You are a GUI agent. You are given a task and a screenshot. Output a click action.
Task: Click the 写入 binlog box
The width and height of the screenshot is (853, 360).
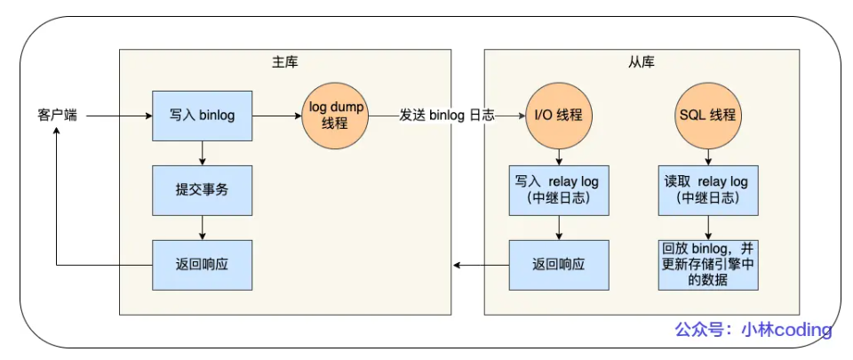coord(202,116)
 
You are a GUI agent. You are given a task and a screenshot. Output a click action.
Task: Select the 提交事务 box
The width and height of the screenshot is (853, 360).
coord(202,190)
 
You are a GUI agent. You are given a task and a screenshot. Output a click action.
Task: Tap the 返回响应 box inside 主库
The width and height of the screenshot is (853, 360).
coord(202,265)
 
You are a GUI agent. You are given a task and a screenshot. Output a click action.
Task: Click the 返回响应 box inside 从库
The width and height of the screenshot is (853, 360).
coord(559,265)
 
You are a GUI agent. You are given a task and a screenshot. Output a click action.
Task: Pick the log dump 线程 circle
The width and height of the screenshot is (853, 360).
coord(335,116)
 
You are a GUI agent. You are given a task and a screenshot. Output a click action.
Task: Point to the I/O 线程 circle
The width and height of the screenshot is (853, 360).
coord(559,116)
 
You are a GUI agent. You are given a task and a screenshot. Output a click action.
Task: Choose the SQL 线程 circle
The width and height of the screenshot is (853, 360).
coord(708,116)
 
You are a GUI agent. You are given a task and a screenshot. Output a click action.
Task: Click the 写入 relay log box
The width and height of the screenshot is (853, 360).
coord(559,190)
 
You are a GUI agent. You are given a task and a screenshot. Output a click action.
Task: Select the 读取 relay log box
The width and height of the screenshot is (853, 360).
coord(708,190)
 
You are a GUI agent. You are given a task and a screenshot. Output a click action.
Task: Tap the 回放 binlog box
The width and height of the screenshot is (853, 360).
coord(708,265)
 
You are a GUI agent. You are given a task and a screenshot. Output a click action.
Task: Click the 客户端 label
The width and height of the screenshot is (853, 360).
coord(57,116)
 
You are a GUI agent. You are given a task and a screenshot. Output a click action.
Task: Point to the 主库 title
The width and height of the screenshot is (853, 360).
coord(285,62)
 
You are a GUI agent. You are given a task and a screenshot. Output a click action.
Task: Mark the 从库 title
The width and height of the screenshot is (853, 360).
coord(642,62)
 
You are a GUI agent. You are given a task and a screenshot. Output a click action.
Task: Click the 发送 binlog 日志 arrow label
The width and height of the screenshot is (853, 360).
coord(447,116)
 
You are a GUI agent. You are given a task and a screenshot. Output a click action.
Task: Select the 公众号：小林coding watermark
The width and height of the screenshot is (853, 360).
coord(753,330)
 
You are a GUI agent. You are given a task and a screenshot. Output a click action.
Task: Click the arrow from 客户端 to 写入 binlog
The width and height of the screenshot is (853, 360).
coord(119,116)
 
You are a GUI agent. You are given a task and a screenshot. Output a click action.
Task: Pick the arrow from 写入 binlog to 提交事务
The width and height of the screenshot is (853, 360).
coord(202,154)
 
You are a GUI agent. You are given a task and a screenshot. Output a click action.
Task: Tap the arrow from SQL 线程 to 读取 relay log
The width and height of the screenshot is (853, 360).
coord(708,157)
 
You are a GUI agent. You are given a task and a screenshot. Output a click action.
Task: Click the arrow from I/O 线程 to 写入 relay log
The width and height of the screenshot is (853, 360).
coord(559,157)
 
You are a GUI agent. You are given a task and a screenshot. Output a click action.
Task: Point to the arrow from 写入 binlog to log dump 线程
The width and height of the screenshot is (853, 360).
coord(277,116)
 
